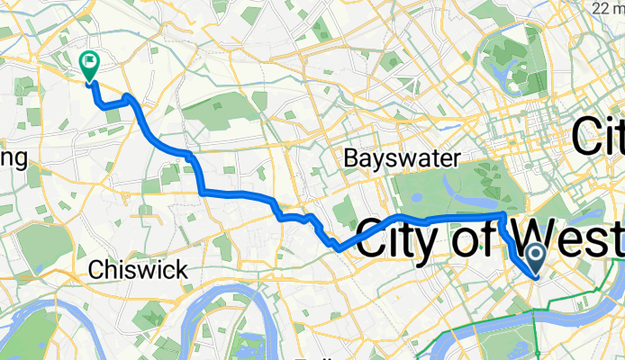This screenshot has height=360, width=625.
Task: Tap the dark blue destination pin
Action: (535, 259)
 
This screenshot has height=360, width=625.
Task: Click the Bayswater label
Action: (403, 158)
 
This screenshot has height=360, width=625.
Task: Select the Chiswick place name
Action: (139, 268)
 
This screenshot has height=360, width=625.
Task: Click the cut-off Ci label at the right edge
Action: (598, 139)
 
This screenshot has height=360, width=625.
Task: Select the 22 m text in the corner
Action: (610, 8)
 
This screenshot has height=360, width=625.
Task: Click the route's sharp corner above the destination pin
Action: (503, 215)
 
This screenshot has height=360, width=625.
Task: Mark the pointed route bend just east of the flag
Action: (129, 95)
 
